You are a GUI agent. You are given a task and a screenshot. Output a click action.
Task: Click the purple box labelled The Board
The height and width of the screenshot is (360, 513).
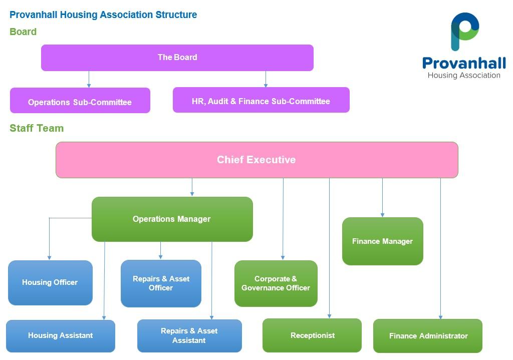click(177, 58)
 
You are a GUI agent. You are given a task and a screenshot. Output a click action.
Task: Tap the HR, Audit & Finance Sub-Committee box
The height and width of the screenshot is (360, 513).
click(261, 100)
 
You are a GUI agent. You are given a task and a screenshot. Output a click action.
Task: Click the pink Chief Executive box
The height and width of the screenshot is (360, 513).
click(256, 160)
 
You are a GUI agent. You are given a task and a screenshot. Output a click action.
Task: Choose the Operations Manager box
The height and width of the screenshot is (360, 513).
click(172, 219)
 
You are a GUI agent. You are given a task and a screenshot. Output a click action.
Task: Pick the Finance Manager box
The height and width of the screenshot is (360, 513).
click(382, 241)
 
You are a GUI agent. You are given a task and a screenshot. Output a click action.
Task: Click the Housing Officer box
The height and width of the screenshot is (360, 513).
click(50, 282)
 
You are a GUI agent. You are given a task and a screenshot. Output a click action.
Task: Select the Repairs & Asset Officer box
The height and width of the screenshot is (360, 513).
click(161, 283)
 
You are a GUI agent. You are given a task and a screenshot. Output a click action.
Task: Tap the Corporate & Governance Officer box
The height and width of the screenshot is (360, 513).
click(276, 283)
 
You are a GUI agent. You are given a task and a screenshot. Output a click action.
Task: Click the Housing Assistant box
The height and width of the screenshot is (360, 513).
click(60, 335)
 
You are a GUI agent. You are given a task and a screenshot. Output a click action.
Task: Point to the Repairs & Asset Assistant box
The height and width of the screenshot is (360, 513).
click(189, 335)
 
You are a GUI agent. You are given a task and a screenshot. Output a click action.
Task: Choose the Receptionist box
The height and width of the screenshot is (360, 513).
click(312, 335)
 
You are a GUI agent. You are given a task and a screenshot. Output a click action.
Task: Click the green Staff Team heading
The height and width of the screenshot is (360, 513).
click(37, 128)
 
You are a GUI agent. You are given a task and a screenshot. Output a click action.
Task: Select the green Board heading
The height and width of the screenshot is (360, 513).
click(23, 32)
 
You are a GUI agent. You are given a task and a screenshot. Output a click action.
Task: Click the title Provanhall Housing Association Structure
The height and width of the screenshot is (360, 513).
click(103, 15)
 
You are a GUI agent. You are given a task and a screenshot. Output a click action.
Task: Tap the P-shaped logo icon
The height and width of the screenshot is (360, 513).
click(464, 31)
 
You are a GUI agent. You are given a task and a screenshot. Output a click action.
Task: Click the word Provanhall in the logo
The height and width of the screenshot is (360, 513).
click(463, 64)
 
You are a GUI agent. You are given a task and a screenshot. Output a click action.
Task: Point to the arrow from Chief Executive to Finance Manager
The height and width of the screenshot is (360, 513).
click(382, 198)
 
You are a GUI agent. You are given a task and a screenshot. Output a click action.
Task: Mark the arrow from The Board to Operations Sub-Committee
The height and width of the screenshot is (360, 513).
click(89, 79)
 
